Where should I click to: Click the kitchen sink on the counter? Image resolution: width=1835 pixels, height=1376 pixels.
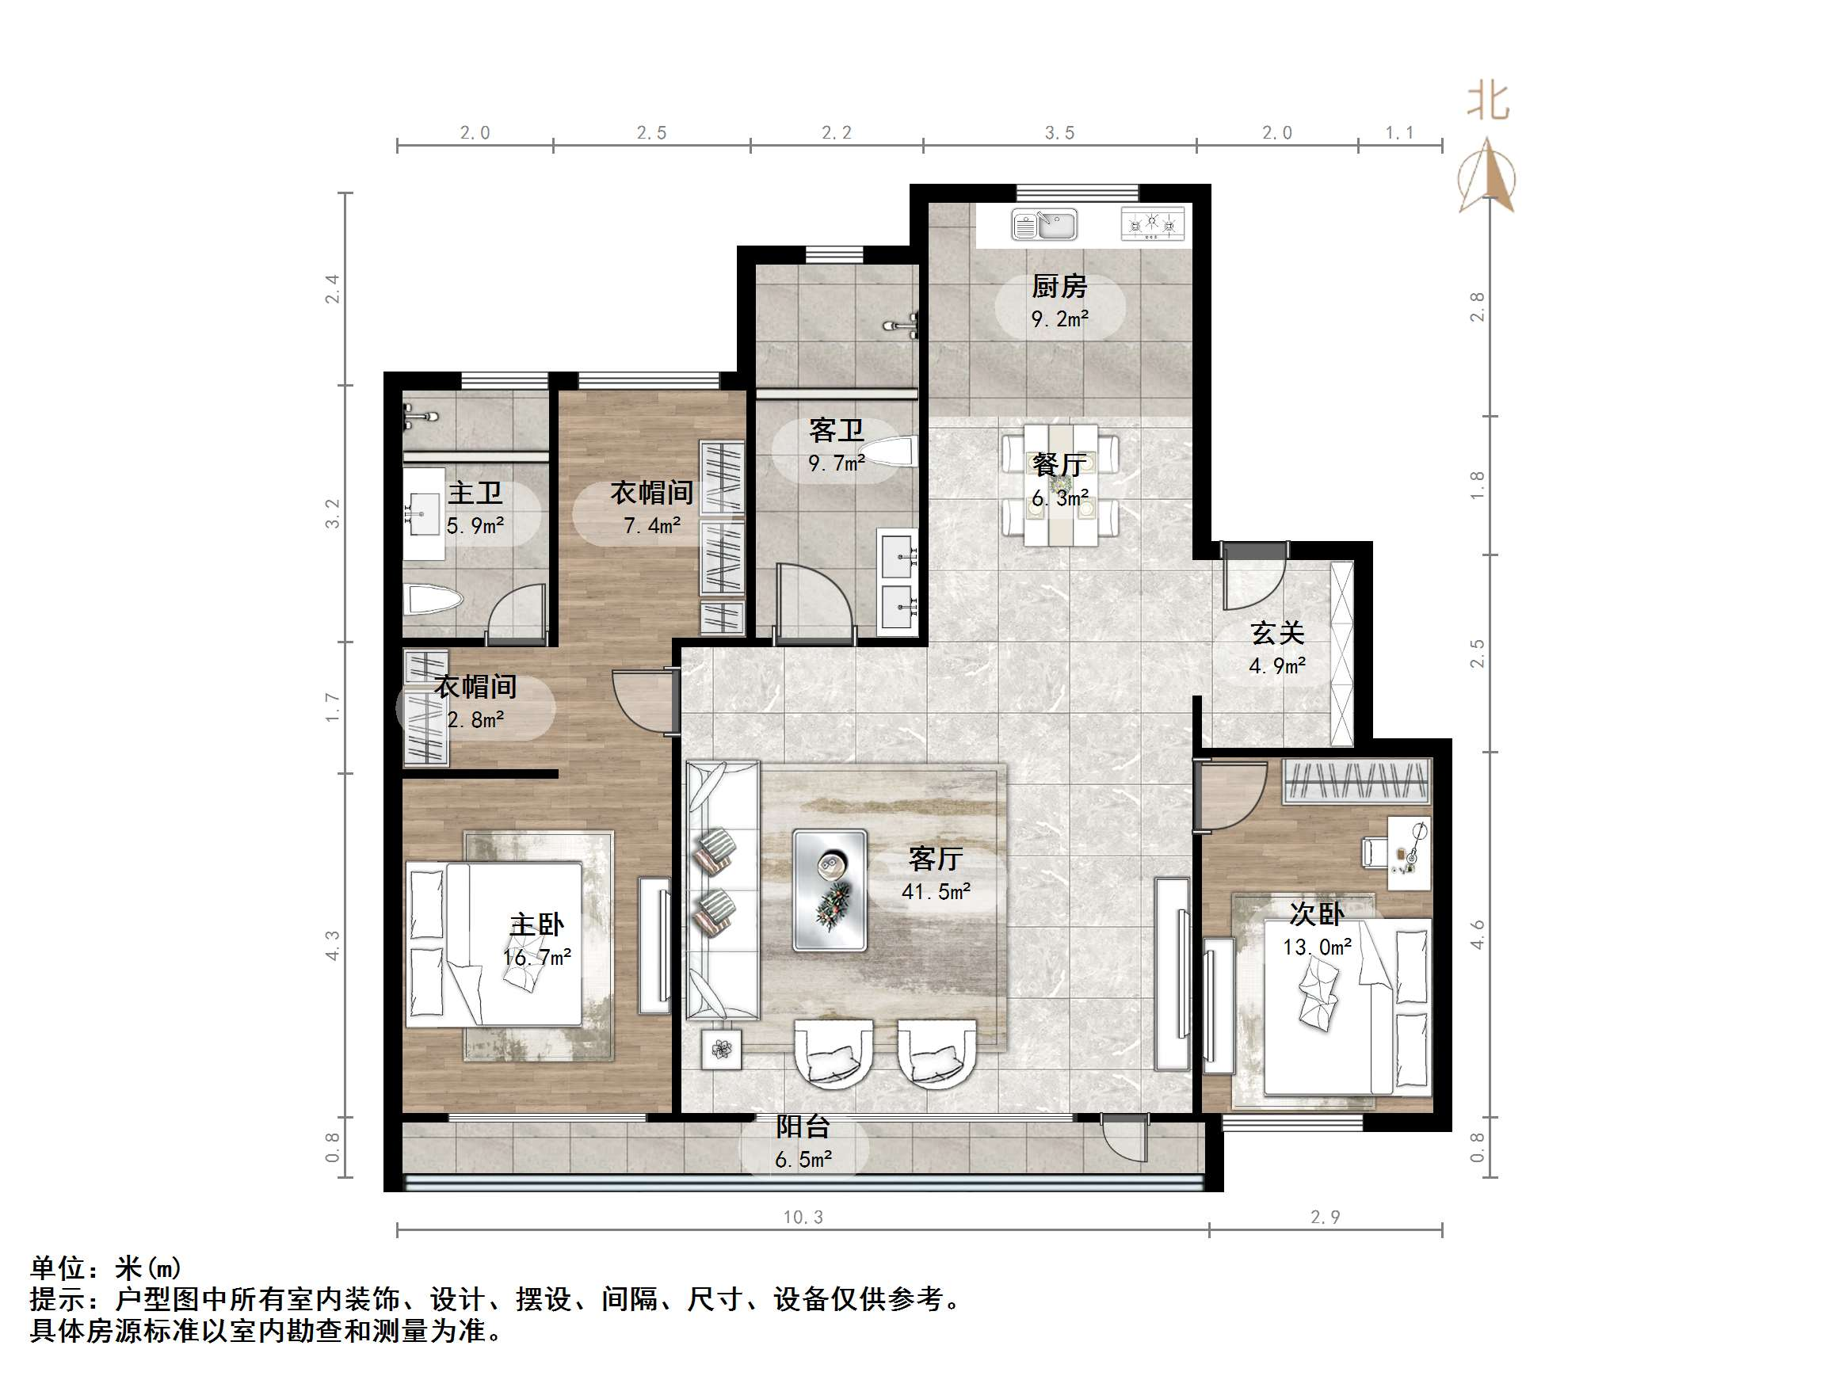[x=1043, y=225]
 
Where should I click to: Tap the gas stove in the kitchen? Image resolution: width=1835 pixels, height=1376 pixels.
[x=1152, y=224]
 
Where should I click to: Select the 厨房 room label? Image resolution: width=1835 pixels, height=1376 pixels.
[x=1059, y=287]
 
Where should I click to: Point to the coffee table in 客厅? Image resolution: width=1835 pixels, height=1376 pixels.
[x=830, y=890]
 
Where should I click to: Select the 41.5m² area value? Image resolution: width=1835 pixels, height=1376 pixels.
[x=937, y=893]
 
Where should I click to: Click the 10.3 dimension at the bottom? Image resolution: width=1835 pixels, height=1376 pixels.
[x=803, y=1218]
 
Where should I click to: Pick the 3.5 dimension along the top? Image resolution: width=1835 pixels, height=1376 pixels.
[x=1059, y=133]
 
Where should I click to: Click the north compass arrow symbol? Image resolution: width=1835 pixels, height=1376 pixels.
[x=1487, y=177]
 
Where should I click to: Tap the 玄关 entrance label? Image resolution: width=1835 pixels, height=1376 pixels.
[x=1277, y=634]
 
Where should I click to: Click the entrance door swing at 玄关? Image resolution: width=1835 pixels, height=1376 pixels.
[x=1254, y=577]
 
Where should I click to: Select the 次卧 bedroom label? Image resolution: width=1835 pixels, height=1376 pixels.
[x=1317, y=914]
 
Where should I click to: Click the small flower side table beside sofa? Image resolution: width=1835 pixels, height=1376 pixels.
[x=722, y=1049]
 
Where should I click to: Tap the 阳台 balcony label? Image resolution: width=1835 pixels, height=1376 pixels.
[x=803, y=1127]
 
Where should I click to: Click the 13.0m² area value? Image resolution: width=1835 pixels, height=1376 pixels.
[x=1318, y=947]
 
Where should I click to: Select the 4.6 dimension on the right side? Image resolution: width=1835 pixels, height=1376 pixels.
[x=1477, y=934]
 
